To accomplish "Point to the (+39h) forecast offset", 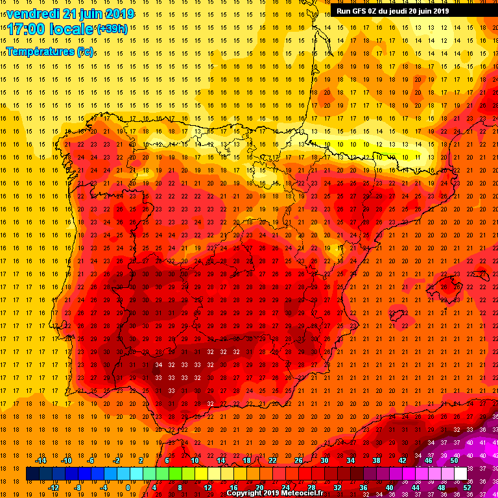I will [x=112, y=29].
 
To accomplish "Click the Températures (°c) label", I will [x=50, y=51].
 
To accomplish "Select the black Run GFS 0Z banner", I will [x=392, y=10].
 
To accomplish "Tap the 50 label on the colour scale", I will [x=454, y=460].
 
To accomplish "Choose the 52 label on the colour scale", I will [x=467, y=487].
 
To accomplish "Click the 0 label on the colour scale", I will [x=128, y=487].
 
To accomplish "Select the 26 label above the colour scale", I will [x=298, y=460].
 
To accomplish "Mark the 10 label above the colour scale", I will [x=195, y=460].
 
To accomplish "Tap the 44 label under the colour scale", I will [x=415, y=487].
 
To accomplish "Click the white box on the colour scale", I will [x=460, y=473].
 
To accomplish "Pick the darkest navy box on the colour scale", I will [x=32, y=473].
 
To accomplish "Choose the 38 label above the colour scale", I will [x=376, y=460].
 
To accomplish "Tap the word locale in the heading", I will [x=73, y=30].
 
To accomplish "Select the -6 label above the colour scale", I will [x=91, y=460].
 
